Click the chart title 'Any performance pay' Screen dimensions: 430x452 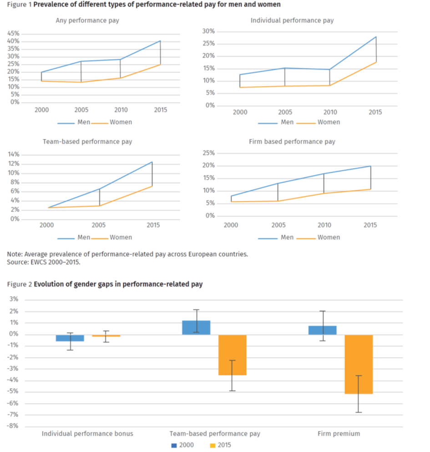point(87,21)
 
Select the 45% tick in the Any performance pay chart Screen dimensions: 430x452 point(13,34)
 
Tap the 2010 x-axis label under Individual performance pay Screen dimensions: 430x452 point(330,112)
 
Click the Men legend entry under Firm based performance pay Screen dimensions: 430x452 point(276,237)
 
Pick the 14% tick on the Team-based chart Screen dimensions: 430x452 point(14,154)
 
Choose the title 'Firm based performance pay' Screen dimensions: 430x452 point(292,142)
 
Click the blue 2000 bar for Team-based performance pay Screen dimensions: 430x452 point(196,328)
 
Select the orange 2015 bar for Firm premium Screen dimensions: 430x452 point(359,365)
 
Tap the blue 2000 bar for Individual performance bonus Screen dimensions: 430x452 point(70,338)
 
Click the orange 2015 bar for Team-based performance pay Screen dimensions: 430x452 point(232,355)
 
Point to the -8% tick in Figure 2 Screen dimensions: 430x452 point(13,426)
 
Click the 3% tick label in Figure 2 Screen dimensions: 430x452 point(14,299)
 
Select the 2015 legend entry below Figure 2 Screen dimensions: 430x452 point(221,445)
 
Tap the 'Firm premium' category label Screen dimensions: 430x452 point(339,434)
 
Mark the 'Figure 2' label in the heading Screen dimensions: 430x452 point(19,284)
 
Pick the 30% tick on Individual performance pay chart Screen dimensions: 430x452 point(208,31)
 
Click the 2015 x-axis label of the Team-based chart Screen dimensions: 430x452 point(153,225)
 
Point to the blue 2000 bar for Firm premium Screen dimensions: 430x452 point(322,330)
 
